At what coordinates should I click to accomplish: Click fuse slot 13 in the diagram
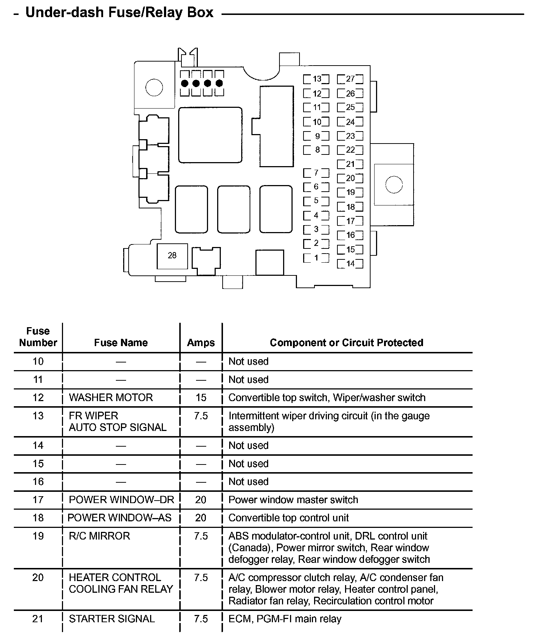point(316,79)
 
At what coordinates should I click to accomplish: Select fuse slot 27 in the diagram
point(350,79)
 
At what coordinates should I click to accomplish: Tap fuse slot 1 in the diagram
point(316,258)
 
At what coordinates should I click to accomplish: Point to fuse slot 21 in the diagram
point(350,164)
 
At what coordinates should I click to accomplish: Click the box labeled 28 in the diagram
point(172,256)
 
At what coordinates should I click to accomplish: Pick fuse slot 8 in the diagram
point(316,150)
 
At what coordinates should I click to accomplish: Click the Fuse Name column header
point(121,342)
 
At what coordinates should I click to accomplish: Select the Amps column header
point(201,343)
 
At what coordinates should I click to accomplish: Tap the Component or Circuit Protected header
point(347,342)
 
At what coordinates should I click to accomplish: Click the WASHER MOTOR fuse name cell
point(111,397)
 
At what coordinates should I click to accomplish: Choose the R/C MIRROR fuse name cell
point(99,536)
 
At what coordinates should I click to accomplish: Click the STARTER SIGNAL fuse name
point(112,619)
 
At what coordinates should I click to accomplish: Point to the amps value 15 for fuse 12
point(201,397)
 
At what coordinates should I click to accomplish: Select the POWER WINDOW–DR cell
point(121,499)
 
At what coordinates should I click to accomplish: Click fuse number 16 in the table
point(38,482)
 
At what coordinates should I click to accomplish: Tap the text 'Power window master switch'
point(293,499)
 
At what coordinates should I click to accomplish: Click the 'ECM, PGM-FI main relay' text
point(285,619)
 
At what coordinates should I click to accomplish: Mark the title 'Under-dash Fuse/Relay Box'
point(119,13)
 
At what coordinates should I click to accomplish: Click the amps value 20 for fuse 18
point(201,518)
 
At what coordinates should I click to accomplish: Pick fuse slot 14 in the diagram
point(350,264)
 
